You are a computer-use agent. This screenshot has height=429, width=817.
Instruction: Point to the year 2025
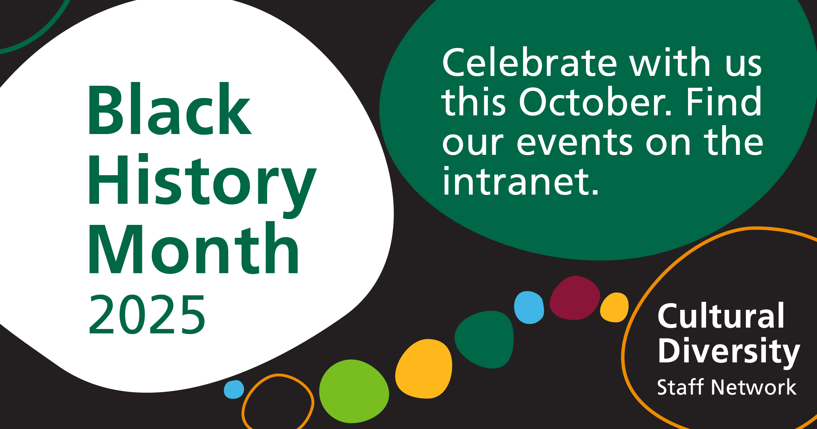click(147, 314)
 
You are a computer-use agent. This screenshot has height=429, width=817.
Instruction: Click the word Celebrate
click(529, 63)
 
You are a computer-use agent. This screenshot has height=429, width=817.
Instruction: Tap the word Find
click(723, 101)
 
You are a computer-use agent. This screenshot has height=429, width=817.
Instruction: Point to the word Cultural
click(721, 316)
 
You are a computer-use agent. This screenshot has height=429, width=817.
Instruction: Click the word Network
click(754, 387)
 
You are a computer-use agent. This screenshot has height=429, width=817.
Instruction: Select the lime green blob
click(354, 391)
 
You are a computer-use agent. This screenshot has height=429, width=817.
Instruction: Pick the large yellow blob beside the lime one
click(424, 369)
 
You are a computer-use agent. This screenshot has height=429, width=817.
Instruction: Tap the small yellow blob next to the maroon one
click(614, 307)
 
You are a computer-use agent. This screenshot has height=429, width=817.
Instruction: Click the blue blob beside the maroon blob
click(529, 308)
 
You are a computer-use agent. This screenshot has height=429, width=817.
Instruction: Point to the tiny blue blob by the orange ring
click(234, 390)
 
